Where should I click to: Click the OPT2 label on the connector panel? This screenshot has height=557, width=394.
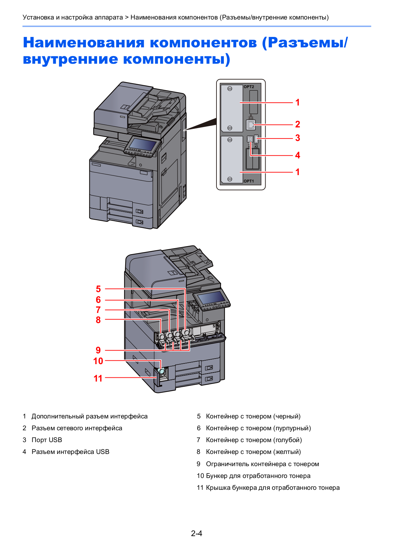(x=249, y=87)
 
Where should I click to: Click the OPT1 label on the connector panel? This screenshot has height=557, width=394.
(x=249, y=181)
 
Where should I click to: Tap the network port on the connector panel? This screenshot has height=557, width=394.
(x=251, y=124)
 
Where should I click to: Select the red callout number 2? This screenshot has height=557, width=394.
(x=298, y=124)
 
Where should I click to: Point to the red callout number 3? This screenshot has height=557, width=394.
(x=298, y=138)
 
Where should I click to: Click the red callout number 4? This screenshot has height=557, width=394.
(x=298, y=155)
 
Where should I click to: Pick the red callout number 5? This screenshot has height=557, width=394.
(x=98, y=289)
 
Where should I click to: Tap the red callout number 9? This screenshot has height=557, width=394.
(x=98, y=350)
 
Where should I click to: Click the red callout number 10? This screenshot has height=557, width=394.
(x=98, y=361)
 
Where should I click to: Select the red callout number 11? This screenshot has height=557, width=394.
(x=98, y=378)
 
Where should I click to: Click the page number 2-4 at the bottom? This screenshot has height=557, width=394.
(x=197, y=533)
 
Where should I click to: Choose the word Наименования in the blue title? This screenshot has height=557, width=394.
(x=84, y=42)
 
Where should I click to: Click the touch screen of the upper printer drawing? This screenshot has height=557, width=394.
(x=143, y=144)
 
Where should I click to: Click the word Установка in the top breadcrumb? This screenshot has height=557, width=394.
(x=38, y=17)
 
